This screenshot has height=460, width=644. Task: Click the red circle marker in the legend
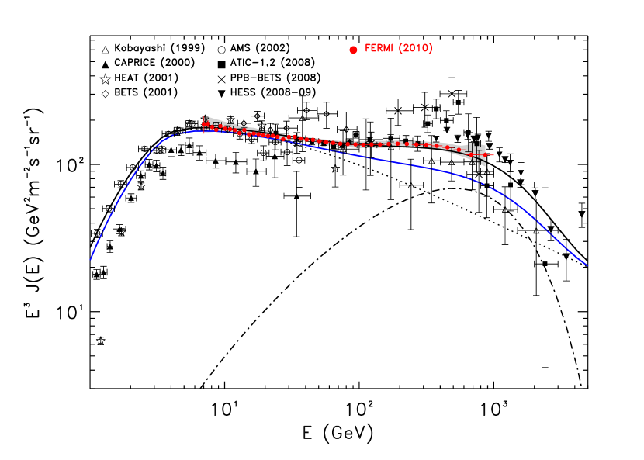353,50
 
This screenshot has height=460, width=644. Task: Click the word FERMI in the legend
379,49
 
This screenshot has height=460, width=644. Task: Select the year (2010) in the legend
415,49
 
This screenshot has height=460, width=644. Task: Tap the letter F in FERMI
368,49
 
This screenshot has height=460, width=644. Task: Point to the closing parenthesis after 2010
431,49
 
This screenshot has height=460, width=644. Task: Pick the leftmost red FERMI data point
205,124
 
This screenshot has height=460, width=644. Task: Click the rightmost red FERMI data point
485,155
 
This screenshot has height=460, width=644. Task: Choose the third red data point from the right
459,150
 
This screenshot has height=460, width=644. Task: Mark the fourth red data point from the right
447,147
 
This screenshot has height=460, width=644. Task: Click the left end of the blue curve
91,259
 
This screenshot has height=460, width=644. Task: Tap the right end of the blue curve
587,265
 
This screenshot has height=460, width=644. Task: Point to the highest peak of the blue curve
198,131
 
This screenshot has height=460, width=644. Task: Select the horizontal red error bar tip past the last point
492,156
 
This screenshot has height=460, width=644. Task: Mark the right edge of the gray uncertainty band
486,154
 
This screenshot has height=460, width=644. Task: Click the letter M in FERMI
386,49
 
